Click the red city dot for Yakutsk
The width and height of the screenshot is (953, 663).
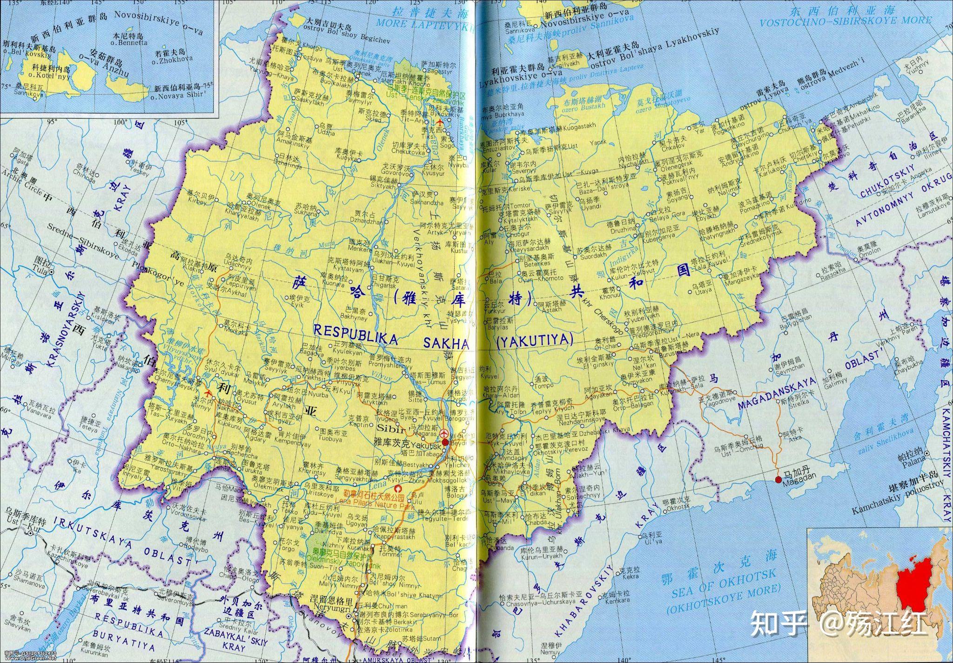click(445, 442)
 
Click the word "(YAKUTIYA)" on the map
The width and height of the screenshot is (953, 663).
click(534, 341)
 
